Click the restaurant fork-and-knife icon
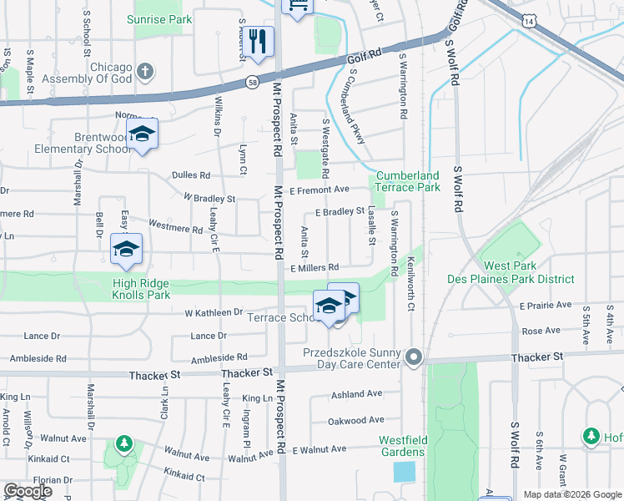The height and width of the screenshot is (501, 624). [x=257, y=42]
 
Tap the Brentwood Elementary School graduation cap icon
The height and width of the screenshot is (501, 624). [x=143, y=134]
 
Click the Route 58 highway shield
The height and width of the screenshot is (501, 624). [x=252, y=82]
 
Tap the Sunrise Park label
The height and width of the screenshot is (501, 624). [x=159, y=19]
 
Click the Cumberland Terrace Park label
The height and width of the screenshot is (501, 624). [x=407, y=181]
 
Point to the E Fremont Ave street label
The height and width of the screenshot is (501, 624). [x=319, y=190]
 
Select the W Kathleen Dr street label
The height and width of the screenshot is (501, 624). [x=213, y=312]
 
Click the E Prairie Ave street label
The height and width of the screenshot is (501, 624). [x=546, y=306]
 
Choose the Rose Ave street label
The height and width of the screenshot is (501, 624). [x=541, y=331]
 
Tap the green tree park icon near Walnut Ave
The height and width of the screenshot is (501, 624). [x=123, y=443]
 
